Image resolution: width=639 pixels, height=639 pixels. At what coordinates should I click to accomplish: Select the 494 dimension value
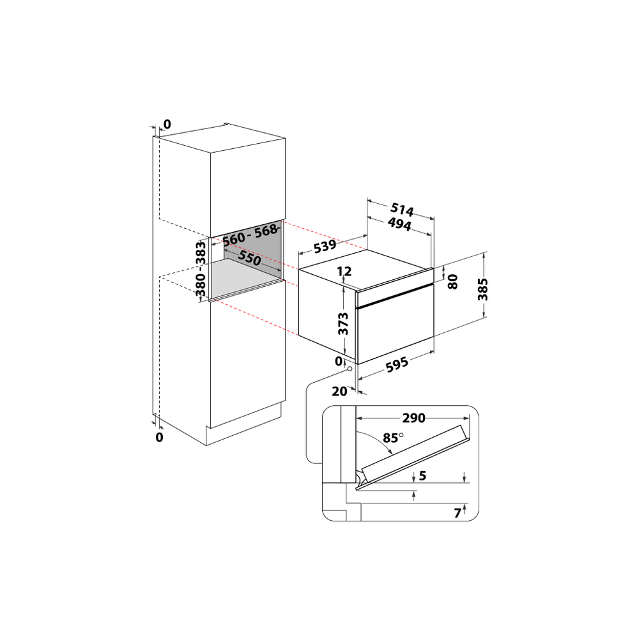(399, 224)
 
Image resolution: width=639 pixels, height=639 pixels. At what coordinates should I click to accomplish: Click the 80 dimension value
(453, 282)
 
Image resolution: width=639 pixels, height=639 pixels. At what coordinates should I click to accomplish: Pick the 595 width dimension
(397, 366)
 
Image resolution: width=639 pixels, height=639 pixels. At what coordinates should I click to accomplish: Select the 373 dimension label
(343, 323)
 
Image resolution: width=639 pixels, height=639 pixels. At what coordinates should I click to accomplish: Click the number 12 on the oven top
(344, 271)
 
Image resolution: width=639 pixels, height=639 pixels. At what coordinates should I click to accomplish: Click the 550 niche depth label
(250, 258)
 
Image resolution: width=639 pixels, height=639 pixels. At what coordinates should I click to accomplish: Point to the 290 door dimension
(413, 418)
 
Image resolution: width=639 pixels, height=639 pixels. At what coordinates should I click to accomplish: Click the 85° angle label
(392, 438)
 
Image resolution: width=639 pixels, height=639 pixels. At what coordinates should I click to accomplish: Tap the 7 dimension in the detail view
(458, 512)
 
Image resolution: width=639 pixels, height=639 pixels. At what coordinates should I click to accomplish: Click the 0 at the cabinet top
(167, 124)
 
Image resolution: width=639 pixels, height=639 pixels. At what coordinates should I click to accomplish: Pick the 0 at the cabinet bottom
(159, 437)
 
